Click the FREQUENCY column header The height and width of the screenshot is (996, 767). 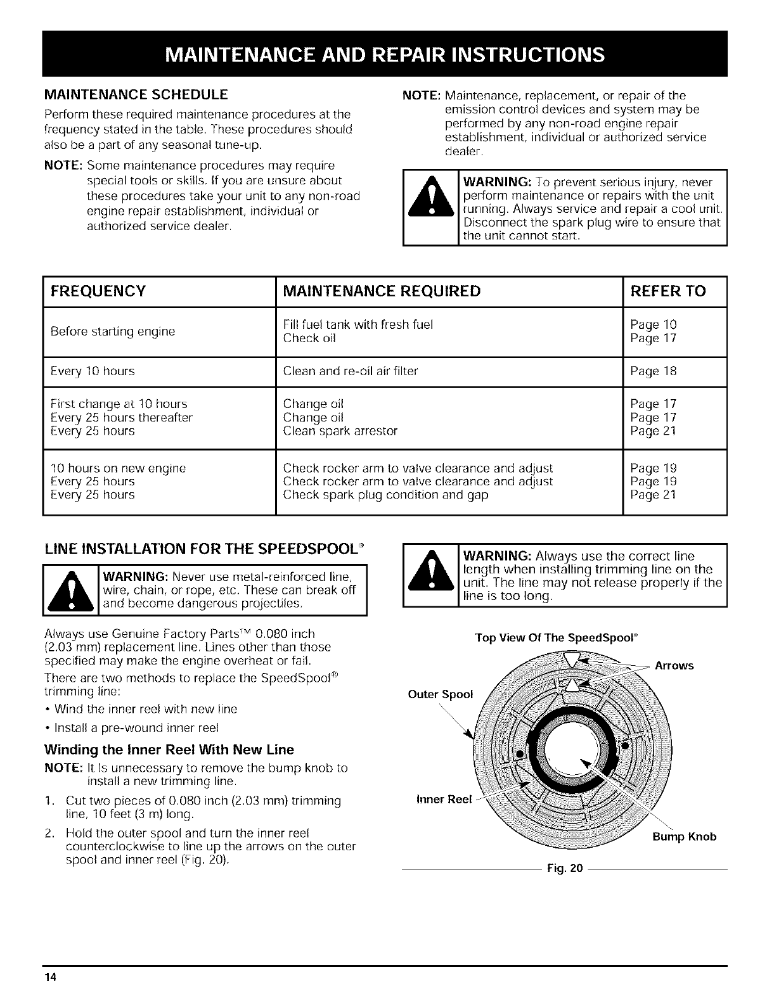(x=98, y=291)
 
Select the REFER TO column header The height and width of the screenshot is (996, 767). (x=668, y=291)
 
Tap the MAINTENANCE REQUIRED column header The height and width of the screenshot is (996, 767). (x=382, y=291)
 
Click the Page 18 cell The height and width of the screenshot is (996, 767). (x=654, y=371)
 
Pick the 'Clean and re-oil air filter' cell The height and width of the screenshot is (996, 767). (x=351, y=371)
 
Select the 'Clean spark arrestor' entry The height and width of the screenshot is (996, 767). (x=340, y=431)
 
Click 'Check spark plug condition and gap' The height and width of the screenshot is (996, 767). (x=385, y=494)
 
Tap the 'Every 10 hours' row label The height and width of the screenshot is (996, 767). (x=92, y=371)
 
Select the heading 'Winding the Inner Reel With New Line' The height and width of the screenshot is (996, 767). (x=169, y=750)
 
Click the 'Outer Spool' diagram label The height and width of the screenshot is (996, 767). (x=441, y=694)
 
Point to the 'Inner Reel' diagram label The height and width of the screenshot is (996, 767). (x=444, y=799)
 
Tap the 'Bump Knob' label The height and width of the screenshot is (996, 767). (x=685, y=836)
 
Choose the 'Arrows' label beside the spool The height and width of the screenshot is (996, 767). (x=674, y=665)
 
